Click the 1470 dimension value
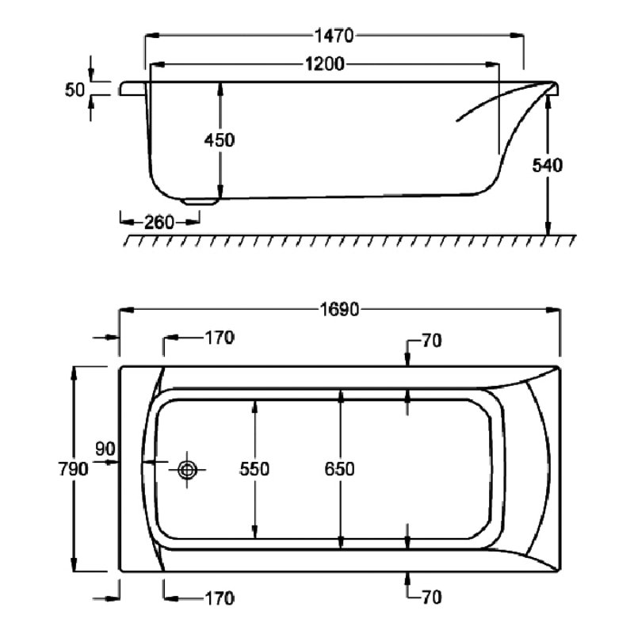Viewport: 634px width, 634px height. [334, 36]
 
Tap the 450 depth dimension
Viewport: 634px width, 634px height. [220, 140]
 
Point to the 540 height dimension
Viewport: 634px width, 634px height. [547, 166]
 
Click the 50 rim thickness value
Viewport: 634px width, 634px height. [74, 90]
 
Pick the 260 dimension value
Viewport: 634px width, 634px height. [158, 223]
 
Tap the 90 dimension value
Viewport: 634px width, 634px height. [106, 449]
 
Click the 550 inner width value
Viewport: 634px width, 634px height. [255, 468]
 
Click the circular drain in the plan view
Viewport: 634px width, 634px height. [189, 469]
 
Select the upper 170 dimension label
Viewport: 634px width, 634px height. [219, 338]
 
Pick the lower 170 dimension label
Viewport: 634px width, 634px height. [219, 597]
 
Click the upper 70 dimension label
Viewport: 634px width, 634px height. [431, 342]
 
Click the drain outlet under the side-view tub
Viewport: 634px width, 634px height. [198, 201]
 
